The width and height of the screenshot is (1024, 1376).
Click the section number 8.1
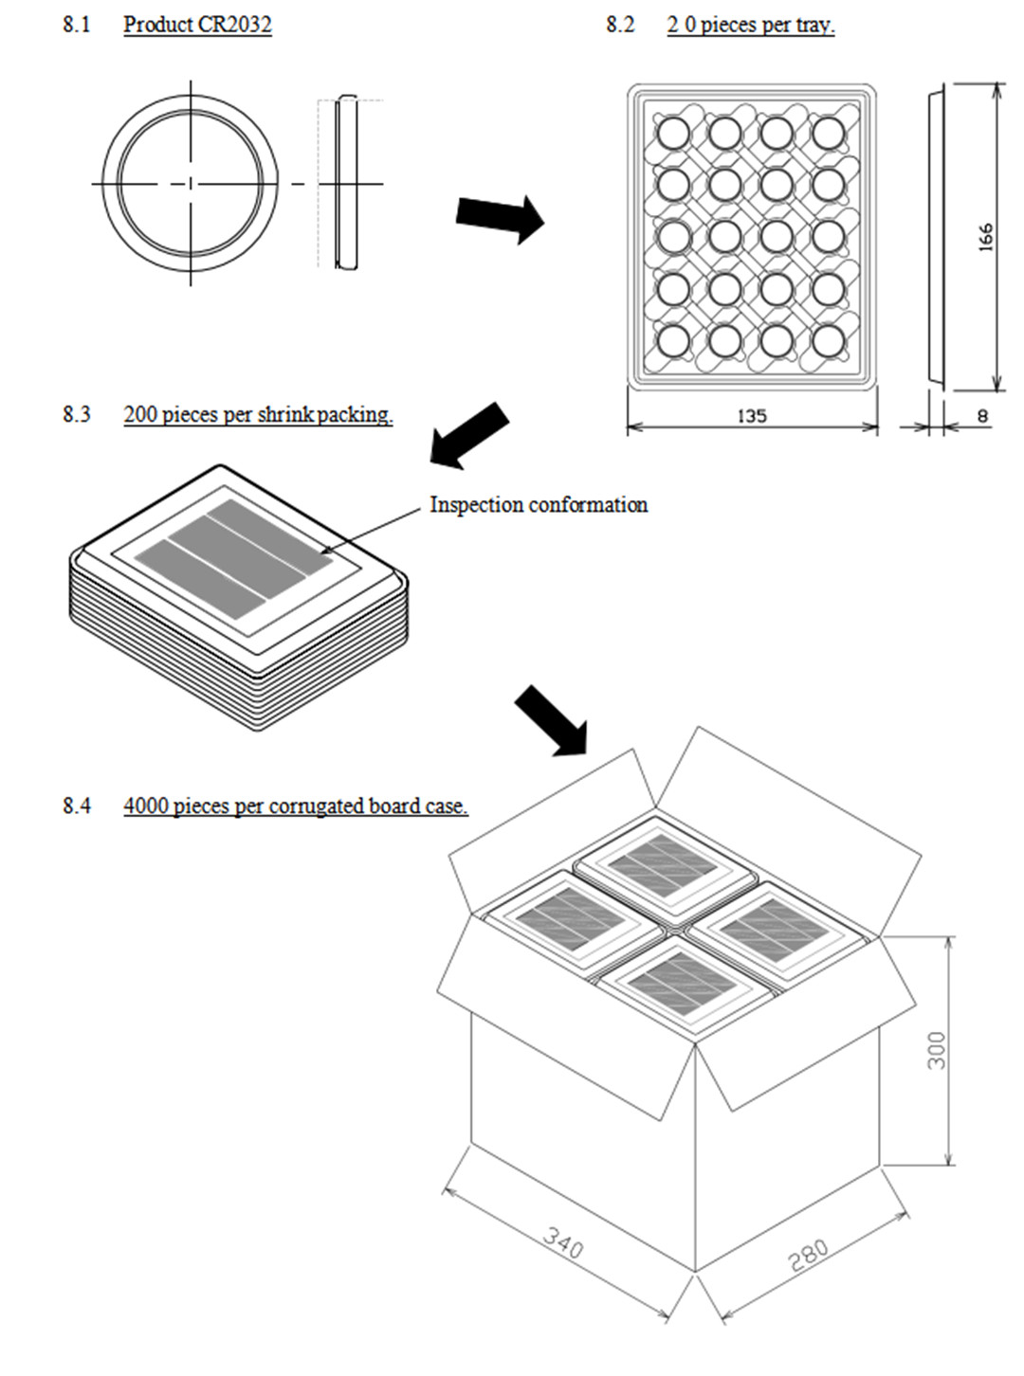(77, 25)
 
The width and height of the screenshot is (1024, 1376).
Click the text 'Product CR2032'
(197, 25)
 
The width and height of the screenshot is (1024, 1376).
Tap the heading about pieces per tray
(750, 25)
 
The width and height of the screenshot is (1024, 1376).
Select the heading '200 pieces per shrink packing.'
(258, 414)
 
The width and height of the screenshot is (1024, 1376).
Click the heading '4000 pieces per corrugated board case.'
(295, 806)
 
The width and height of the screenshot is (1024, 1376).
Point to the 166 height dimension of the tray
(985, 237)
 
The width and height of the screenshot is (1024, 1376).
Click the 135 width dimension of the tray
(751, 415)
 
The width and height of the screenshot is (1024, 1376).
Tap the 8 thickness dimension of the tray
(982, 415)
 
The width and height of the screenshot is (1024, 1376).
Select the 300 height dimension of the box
(936, 1050)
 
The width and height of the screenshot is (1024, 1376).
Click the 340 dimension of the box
(563, 1242)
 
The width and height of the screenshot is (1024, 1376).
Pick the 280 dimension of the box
(808, 1254)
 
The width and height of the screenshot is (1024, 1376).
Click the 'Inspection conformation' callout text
(539, 504)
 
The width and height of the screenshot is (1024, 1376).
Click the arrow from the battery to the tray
(500, 218)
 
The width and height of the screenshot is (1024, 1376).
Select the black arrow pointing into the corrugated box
(551, 720)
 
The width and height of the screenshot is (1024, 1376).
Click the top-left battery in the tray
(673, 134)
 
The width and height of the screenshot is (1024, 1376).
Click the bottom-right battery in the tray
(828, 341)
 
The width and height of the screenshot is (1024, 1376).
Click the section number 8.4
(77, 806)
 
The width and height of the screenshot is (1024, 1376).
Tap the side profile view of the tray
(936, 237)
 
